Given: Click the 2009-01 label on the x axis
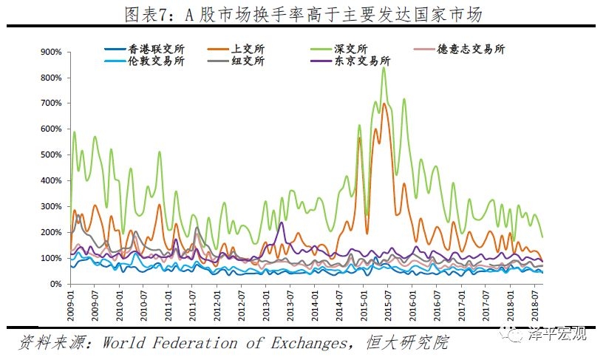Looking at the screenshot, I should [x=72, y=304].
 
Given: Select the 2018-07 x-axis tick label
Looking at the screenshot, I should [x=534, y=304].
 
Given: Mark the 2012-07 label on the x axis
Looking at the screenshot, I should [x=242, y=304].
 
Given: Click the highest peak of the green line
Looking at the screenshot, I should [x=384, y=68].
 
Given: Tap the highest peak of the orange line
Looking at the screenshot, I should [x=384, y=104].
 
